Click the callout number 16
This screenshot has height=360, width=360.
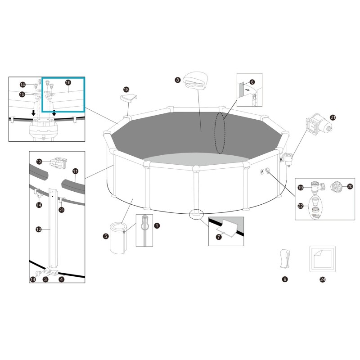pyautogui.click(x=68, y=82)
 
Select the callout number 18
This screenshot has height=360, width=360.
pyautogui.click(x=126, y=90)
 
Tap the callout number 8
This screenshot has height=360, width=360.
pyautogui.click(x=178, y=80)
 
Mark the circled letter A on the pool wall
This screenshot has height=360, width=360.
pyautogui.click(x=262, y=171)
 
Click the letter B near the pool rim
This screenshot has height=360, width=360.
pyautogui.click(x=282, y=159)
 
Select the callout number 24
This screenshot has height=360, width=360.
pyautogui.click(x=322, y=279)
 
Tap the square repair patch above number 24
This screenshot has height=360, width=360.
pyautogui.click(x=322, y=259)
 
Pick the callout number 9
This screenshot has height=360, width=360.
pyautogui.click(x=284, y=279)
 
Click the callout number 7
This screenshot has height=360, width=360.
pyautogui.click(x=219, y=237)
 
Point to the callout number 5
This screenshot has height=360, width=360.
pyautogui.click(x=106, y=235)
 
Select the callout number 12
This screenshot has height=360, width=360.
pyautogui.click(x=39, y=229)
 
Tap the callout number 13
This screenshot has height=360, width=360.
pyautogui.click(x=39, y=161)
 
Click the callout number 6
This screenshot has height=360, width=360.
pyautogui.click(x=252, y=82)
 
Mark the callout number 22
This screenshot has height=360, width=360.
pyautogui.click(x=301, y=206)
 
